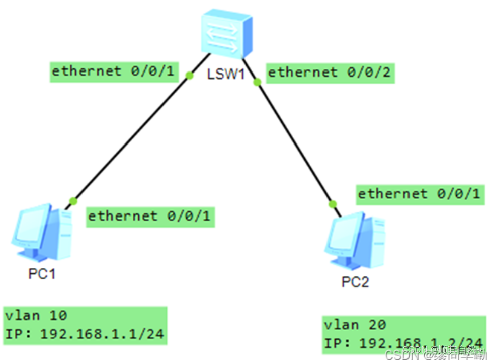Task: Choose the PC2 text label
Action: [x=355, y=282]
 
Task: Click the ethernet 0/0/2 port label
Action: [x=329, y=73]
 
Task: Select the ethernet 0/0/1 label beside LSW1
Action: [x=113, y=71]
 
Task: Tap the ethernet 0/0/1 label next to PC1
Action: [x=150, y=217]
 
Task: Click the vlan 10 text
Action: [x=36, y=316]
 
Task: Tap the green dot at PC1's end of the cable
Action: [x=73, y=201]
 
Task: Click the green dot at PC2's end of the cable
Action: [x=332, y=204]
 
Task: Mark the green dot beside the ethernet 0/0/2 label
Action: [x=257, y=82]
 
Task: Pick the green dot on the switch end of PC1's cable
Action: [x=189, y=76]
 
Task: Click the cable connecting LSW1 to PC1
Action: [x=131, y=138]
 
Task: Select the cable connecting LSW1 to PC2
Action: [x=294, y=143]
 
